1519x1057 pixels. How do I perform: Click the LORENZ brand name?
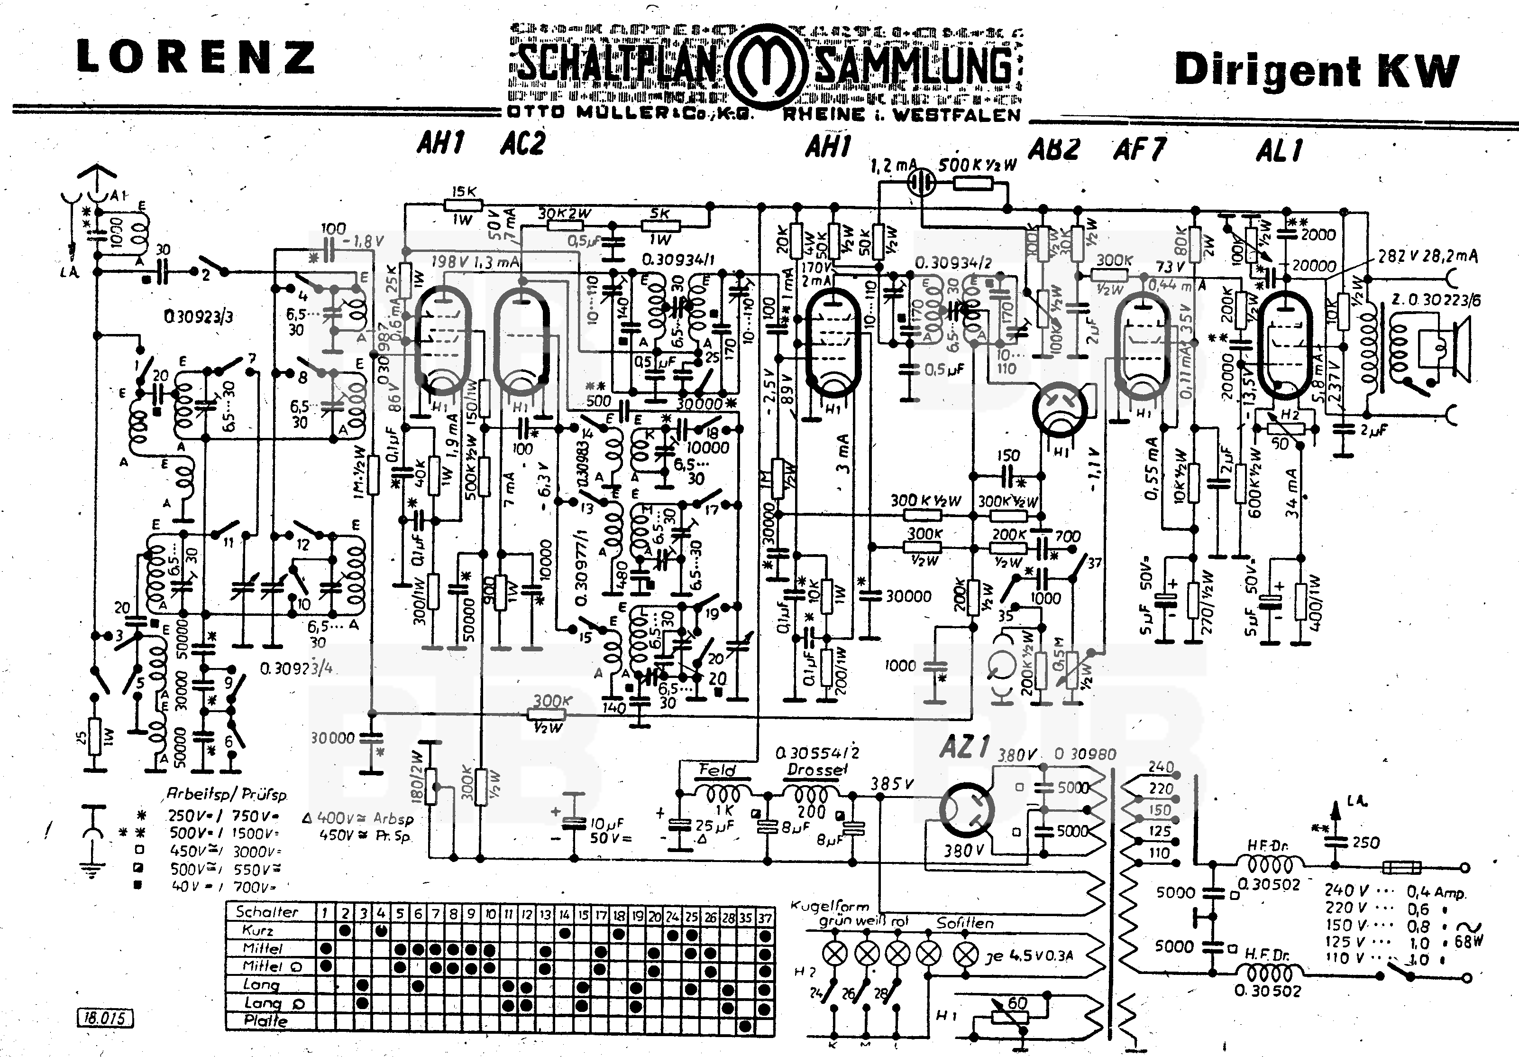196,57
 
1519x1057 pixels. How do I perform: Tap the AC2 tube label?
522,144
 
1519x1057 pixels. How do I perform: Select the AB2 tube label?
1054,149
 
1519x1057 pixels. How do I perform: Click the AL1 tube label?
1280,151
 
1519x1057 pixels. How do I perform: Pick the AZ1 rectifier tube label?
964,748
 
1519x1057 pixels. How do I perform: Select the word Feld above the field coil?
717,770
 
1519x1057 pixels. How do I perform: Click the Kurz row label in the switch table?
258,930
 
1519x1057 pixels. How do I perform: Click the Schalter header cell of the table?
267,911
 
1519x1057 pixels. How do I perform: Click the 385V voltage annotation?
892,784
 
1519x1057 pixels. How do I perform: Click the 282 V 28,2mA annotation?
1427,256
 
